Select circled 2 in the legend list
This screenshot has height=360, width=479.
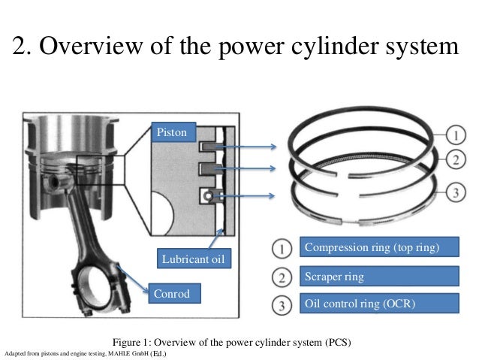coord(279,278)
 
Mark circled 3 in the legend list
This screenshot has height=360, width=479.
coord(279,305)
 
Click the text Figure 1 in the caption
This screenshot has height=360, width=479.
coord(132,342)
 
